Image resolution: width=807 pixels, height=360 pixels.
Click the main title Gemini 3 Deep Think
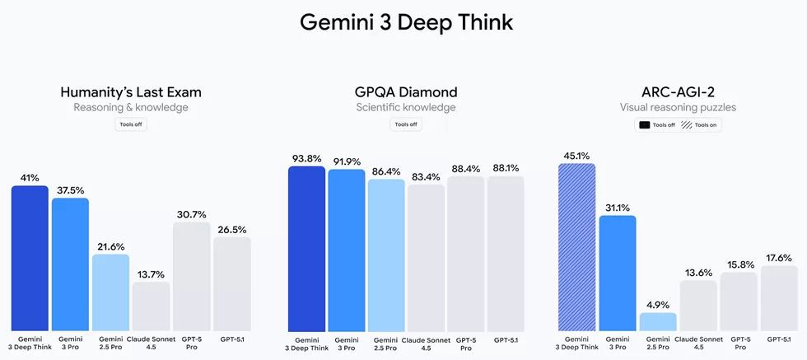click(406, 22)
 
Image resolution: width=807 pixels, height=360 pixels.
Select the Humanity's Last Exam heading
click(131, 91)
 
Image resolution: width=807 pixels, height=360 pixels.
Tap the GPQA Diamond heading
click(405, 91)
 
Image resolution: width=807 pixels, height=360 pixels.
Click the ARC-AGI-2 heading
click(678, 91)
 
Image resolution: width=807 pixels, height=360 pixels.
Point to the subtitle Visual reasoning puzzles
click(678, 107)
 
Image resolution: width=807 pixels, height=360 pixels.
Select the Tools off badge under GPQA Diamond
click(405, 124)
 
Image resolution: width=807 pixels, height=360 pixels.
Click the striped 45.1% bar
click(576, 247)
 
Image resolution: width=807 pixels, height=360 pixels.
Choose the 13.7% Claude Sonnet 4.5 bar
click(151, 306)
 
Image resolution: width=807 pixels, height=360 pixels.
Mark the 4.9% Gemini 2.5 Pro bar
click(658, 322)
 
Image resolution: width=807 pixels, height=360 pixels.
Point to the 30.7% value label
click(191, 213)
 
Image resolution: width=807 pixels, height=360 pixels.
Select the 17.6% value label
click(778, 257)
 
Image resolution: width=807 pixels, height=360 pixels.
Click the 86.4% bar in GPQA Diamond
click(386, 255)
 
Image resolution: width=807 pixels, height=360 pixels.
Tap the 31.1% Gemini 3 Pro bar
click(618, 273)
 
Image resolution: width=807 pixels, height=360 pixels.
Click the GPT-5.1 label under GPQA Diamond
click(506, 339)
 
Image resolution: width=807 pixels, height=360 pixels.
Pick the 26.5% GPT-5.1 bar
click(231, 284)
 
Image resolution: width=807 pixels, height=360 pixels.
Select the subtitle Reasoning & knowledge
click(131, 107)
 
